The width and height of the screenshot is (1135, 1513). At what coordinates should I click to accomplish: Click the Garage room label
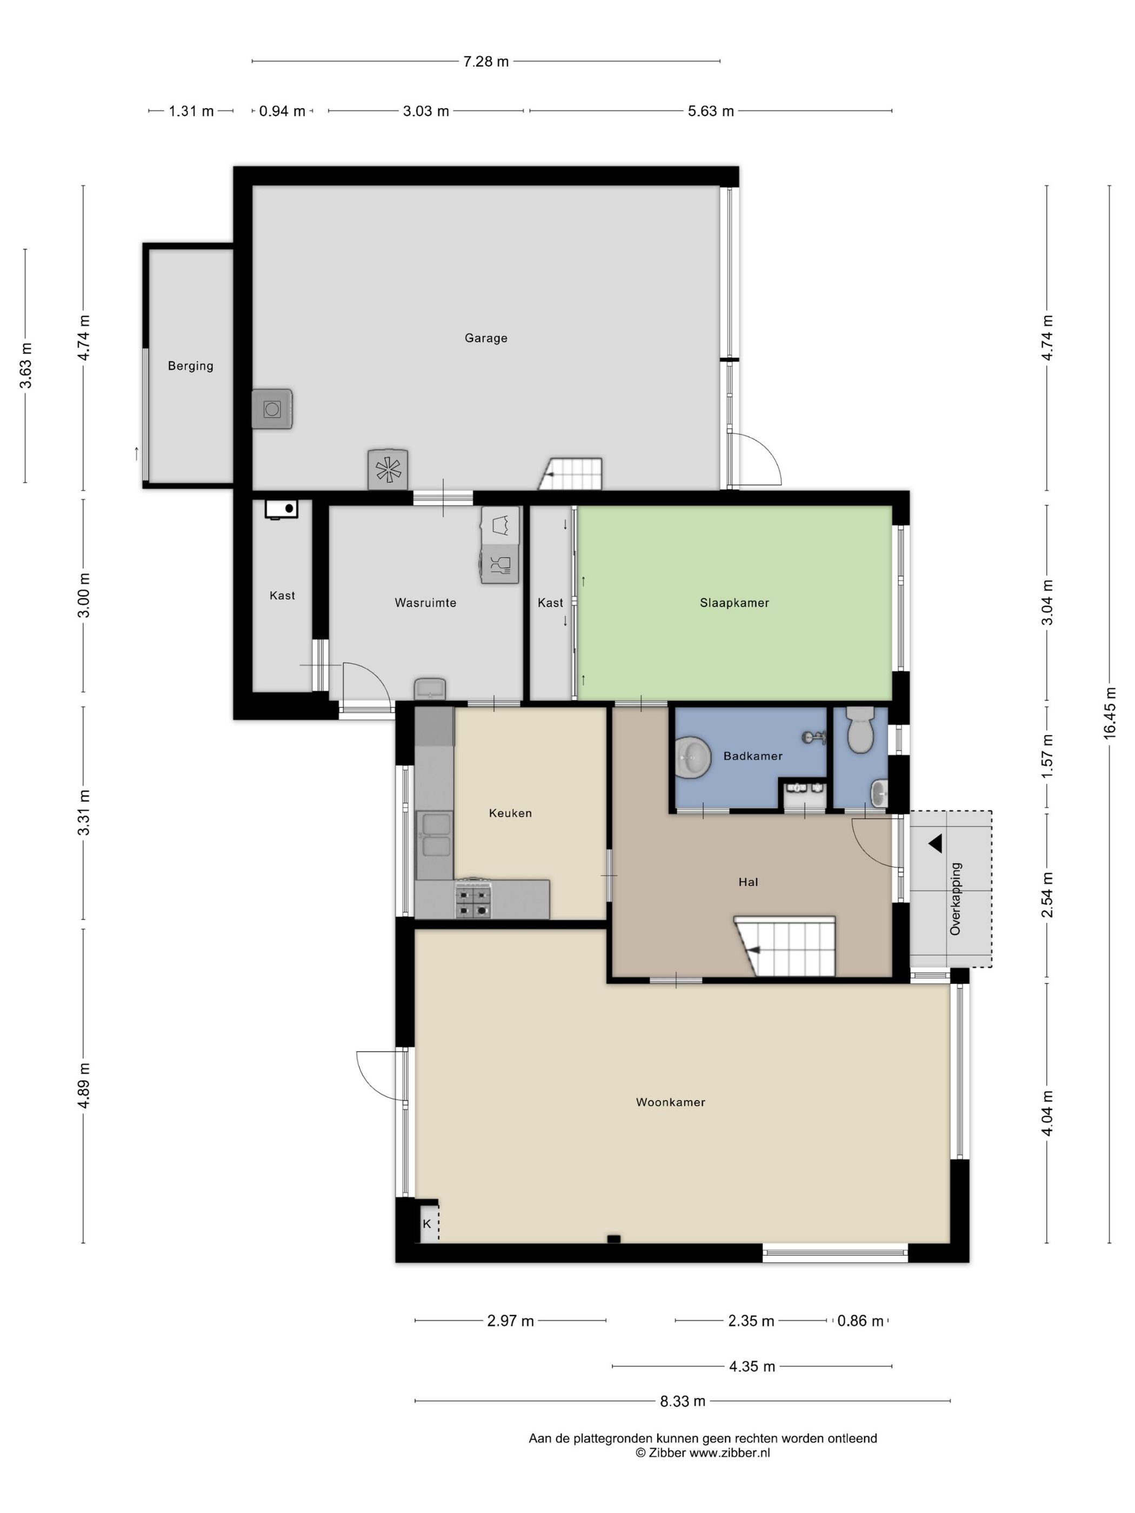click(486, 338)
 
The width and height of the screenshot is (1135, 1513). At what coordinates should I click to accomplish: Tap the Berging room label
click(190, 366)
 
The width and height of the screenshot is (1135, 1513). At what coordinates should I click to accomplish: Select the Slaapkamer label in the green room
click(734, 602)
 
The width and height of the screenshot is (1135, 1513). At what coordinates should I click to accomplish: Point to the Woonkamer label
click(671, 1102)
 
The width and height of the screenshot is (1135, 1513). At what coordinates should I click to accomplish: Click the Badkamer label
click(752, 756)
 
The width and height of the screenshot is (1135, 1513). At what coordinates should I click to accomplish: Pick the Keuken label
click(510, 813)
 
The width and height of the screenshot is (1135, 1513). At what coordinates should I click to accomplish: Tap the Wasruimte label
click(425, 602)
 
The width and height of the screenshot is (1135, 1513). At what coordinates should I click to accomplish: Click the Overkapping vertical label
click(956, 899)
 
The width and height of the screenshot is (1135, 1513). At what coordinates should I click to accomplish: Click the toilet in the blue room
click(860, 730)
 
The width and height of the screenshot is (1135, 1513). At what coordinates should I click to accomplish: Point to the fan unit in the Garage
click(388, 469)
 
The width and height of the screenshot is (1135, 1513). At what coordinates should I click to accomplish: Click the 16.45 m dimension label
click(1109, 713)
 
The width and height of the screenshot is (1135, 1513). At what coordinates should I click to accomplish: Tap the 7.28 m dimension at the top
click(486, 62)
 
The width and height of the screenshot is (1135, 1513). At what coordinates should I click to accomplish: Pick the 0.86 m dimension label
click(860, 1321)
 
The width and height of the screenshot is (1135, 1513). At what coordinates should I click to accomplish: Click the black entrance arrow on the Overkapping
click(935, 843)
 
